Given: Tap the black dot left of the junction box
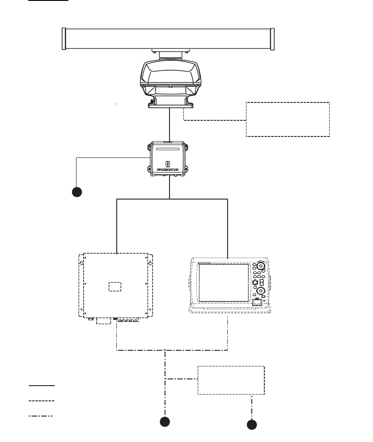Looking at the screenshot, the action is click(x=77, y=192).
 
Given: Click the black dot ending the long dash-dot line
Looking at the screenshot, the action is click(x=165, y=421).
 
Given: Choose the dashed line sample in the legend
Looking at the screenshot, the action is click(x=42, y=400).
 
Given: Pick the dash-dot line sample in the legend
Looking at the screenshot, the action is click(x=42, y=416).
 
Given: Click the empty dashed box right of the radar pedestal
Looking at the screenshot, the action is click(x=288, y=119).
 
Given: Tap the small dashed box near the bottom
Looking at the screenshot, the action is click(x=231, y=380).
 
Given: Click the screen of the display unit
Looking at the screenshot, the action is click(x=223, y=283).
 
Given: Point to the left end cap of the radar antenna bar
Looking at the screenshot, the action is click(x=64, y=39).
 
